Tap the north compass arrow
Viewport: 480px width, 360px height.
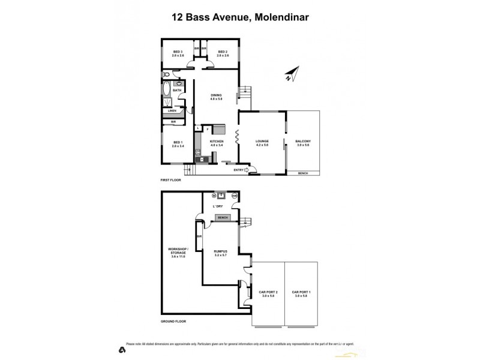[290, 76]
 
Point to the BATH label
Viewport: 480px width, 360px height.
[178, 91]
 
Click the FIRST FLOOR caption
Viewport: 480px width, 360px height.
[171, 179]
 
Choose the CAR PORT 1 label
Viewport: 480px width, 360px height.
[301, 293]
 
